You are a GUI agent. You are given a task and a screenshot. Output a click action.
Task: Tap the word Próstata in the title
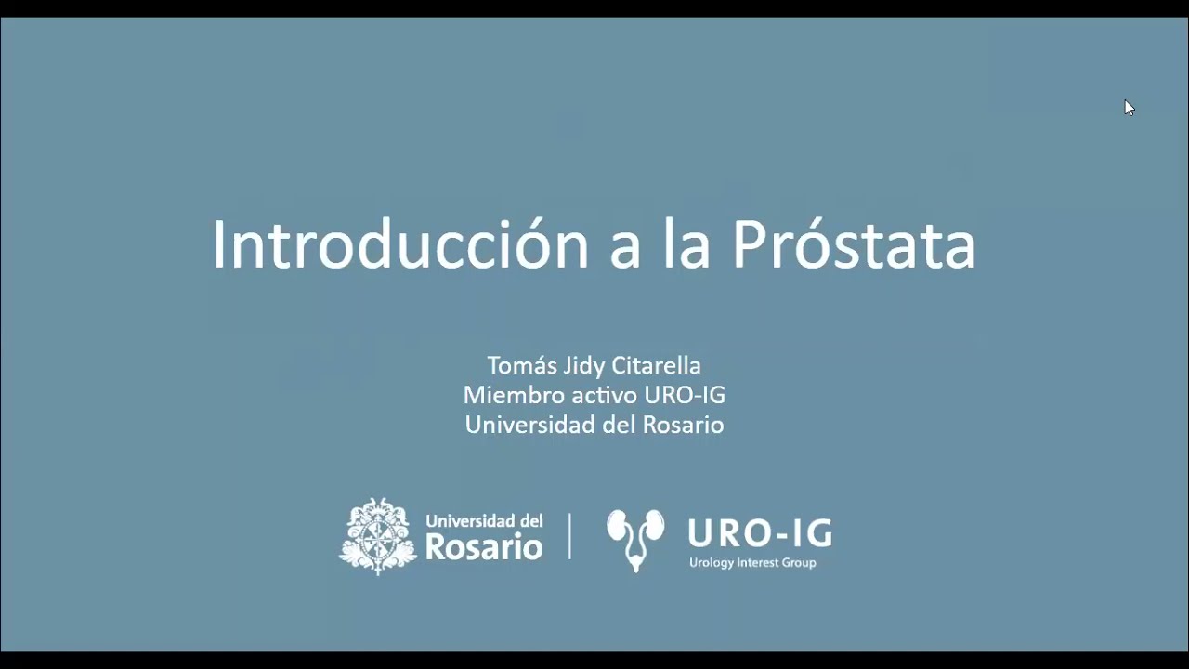[x=854, y=244]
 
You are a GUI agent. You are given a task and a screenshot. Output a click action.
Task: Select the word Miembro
[x=504, y=395]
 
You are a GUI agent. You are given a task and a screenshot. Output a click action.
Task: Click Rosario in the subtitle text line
[x=683, y=425]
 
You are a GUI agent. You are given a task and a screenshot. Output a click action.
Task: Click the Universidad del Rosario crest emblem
[x=377, y=536]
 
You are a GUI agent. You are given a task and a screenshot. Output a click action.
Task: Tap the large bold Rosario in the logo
[x=483, y=546]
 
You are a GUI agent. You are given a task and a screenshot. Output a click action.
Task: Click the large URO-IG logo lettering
[x=759, y=533]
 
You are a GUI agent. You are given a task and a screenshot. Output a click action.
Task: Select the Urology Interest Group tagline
[x=751, y=562]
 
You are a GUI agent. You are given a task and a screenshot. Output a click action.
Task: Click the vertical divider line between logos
[x=569, y=536]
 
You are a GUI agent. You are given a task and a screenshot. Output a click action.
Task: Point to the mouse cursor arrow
[x=1129, y=107]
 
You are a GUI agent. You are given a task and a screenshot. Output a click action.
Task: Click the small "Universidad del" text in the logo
[x=483, y=521]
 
